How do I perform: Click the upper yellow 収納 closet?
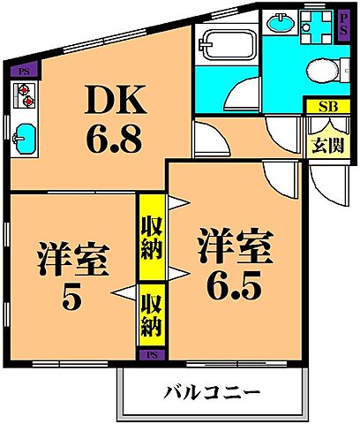[150, 236]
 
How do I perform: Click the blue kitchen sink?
[25, 137]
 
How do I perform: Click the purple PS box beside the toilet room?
[343, 23]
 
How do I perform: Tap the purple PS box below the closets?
[150, 354]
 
